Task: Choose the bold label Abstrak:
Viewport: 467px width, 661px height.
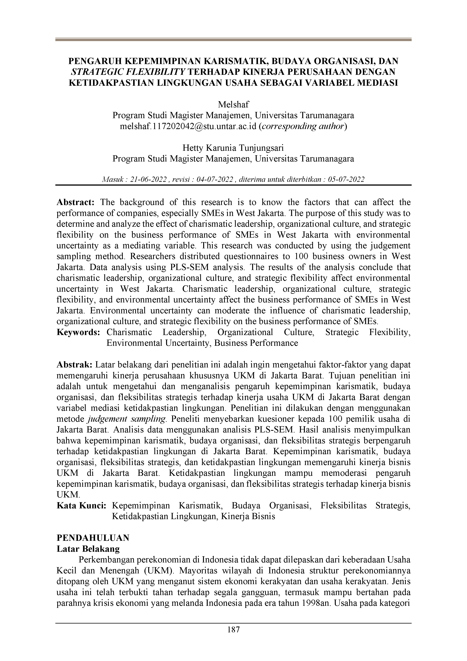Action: tap(75, 365)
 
